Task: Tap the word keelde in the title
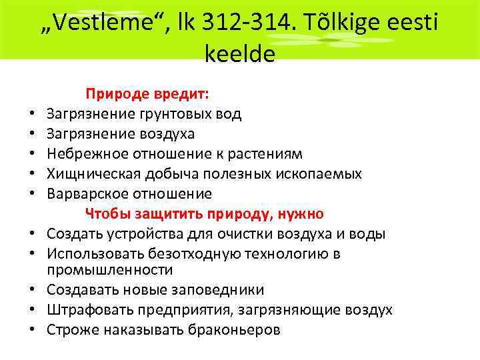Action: coord(240,54)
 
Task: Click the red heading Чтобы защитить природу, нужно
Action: coord(204,214)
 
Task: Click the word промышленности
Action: coord(109,270)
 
